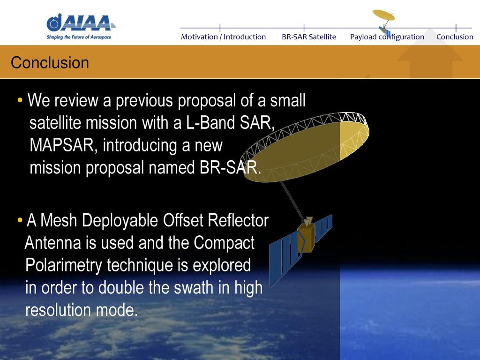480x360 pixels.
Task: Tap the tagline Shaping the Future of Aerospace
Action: (79, 37)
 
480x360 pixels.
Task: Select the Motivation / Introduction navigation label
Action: (223, 37)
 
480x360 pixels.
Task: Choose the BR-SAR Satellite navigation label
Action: (309, 37)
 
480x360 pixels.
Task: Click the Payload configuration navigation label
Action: (387, 37)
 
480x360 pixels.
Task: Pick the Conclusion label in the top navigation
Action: (455, 37)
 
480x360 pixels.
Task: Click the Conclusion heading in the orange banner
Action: (50, 62)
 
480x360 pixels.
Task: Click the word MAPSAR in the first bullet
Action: (62, 145)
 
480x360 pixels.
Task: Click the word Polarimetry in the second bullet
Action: (63, 265)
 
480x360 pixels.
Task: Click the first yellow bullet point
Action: (20, 100)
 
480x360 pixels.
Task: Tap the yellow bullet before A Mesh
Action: (20, 220)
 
